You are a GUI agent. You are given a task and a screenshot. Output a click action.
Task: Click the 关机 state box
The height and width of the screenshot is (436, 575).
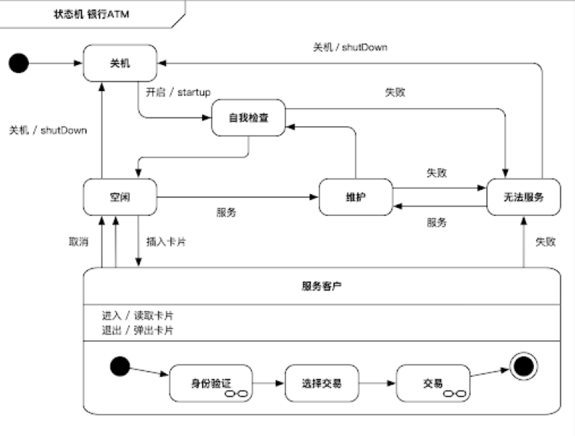pyautogui.click(x=120, y=63)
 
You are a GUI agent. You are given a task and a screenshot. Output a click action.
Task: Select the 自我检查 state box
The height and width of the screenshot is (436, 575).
pyautogui.click(x=248, y=118)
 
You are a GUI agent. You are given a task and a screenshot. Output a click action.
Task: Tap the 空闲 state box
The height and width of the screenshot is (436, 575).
pyautogui.click(x=120, y=197)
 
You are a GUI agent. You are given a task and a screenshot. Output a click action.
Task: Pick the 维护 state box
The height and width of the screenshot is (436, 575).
pyautogui.click(x=356, y=197)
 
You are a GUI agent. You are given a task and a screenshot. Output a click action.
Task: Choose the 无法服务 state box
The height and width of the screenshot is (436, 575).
pyautogui.click(x=524, y=197)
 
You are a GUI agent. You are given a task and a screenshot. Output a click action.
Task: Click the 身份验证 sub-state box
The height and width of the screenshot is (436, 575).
pyautogui.click(x=211, y=383)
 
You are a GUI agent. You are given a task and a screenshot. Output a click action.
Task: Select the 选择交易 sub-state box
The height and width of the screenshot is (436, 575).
pyautogui.click(x=322, y=383)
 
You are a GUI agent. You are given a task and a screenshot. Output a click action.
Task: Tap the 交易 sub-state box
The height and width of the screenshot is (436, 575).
pyautogui.click(x=433, y=383)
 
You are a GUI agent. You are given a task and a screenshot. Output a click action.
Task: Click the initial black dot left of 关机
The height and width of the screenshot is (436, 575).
pyautogui.click(x=19, y=63)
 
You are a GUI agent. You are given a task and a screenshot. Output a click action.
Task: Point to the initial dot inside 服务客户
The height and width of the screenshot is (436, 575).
pyautogui.click(x=120, y=366)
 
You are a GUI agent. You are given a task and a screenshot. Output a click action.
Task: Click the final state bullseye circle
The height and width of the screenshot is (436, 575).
pyautogui.click(x=524, y=366)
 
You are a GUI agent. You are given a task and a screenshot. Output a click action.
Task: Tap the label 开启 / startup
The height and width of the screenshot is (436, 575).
pyautogui.click(x=178, y=92)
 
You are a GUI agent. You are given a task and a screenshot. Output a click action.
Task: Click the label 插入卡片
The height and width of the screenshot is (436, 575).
pyautogui.click(x=166, y=242)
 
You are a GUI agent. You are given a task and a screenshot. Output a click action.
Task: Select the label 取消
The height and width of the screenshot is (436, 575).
pyautogui.click(x=79, y=242)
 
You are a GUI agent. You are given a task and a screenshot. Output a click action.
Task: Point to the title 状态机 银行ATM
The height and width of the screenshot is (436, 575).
pyautogui.click(x=92, y=14)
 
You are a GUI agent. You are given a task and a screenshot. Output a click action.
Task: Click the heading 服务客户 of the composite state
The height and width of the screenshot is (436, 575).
pyautogui.click(x=322, y=286)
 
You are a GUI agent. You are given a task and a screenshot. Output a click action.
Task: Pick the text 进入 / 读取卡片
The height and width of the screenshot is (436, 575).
pyautogui.click(x=138, y=315)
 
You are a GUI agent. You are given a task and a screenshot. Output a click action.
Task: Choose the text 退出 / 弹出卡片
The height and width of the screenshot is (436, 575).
pyautogui.click(x=138, y=331)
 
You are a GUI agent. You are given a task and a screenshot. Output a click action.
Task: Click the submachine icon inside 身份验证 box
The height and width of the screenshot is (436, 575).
pyautogui.click(x=237, y=394)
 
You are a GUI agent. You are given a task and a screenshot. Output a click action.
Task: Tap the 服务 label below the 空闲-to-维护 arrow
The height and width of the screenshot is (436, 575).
pyautogui.click(x=227, y=212)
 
